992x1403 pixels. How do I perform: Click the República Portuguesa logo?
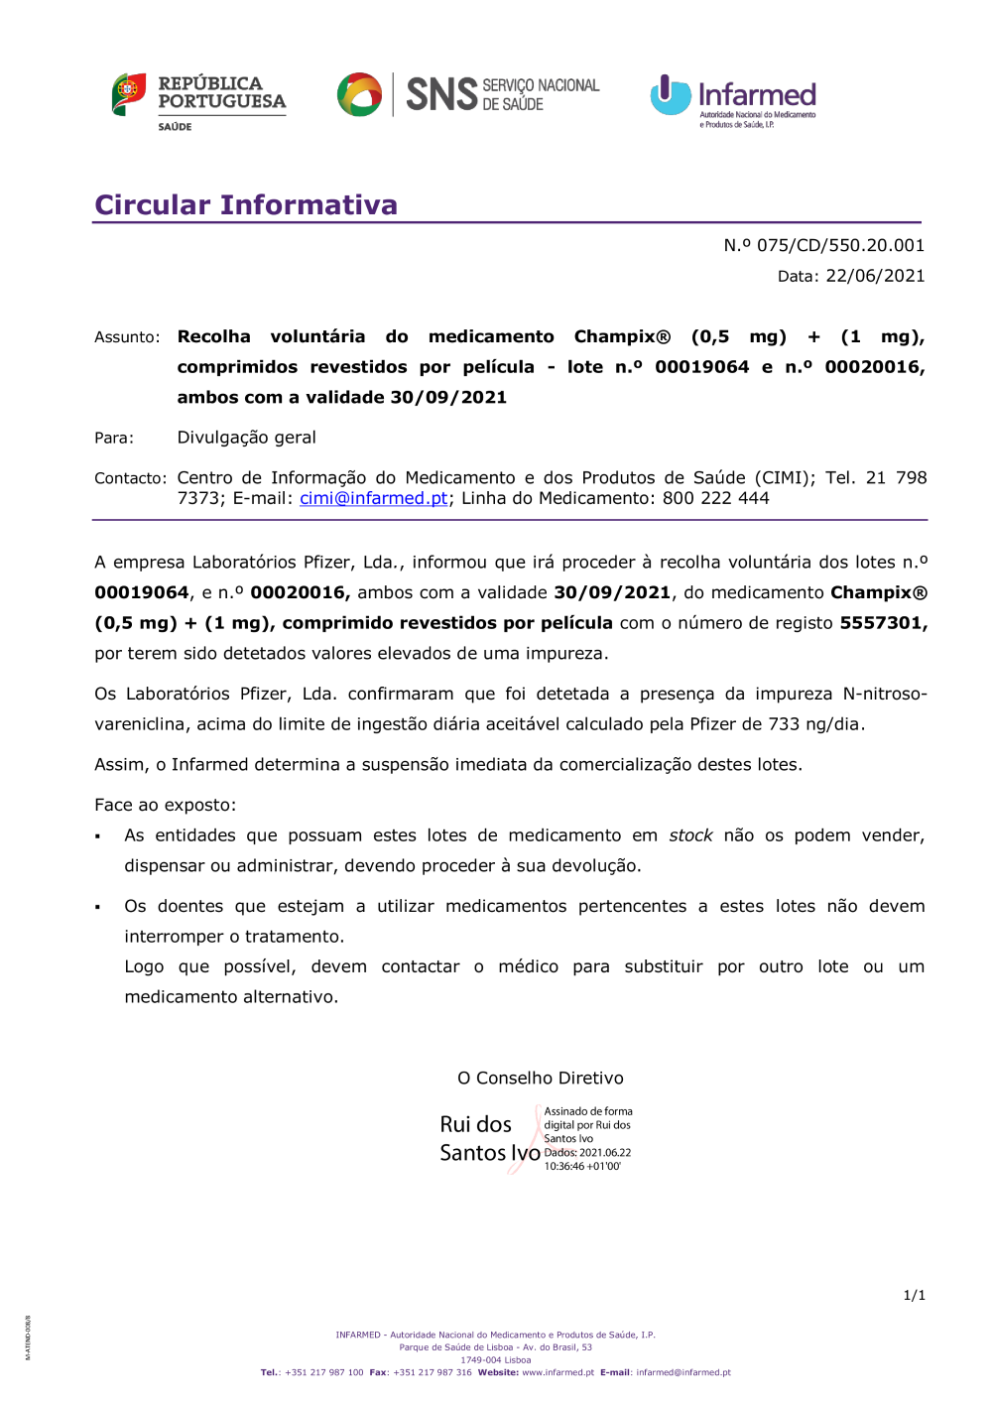tap(198, 100)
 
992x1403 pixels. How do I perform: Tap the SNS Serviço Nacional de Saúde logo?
tap(468, 95)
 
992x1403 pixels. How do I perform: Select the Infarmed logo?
tap(733, 100)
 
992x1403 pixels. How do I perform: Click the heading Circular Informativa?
tap(246, 205)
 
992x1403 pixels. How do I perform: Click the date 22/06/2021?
tap(875, 276)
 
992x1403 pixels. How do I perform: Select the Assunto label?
tap(127, 337)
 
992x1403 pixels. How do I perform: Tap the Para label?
tap(114, 438)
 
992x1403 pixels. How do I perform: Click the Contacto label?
tap(130, 478)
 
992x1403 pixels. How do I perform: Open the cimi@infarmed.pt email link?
tap(374, 498)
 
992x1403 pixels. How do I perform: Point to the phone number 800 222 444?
tap(715, 498)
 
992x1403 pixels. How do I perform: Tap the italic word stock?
tap(690, 835)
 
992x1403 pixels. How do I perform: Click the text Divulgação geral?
tap(246, 438)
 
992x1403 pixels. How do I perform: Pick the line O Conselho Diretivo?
tap(541, 1078)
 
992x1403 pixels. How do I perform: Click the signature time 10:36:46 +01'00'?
tap(582, 1167)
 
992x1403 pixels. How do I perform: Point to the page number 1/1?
tap(914, 1295)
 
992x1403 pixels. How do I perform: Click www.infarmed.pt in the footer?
tap(558, 1373)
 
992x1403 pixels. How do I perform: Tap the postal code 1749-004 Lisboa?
tap(495, 1360)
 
